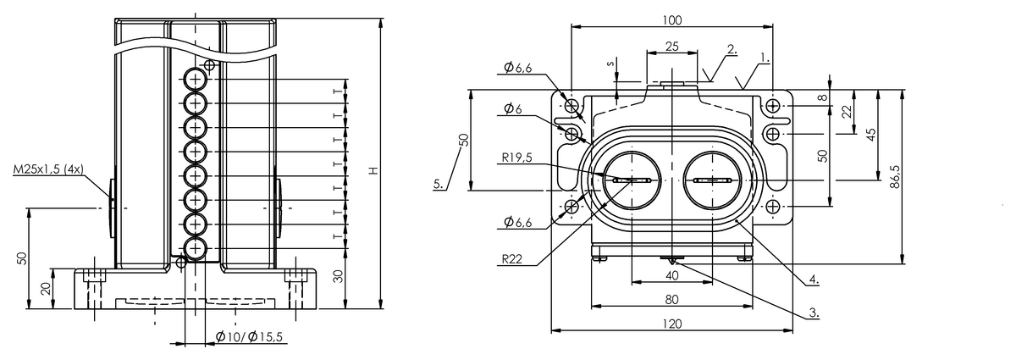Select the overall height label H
click(372, 172)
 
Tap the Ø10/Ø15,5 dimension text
click(249, 337)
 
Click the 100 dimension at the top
click(672, 19)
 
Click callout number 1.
click(765, 58)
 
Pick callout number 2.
click(732, 50)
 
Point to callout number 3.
click(814, 313)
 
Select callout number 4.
click(814, 277)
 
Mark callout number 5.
click(438, 183)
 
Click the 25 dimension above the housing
click(671, 46)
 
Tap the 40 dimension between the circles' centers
click(671, 275)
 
